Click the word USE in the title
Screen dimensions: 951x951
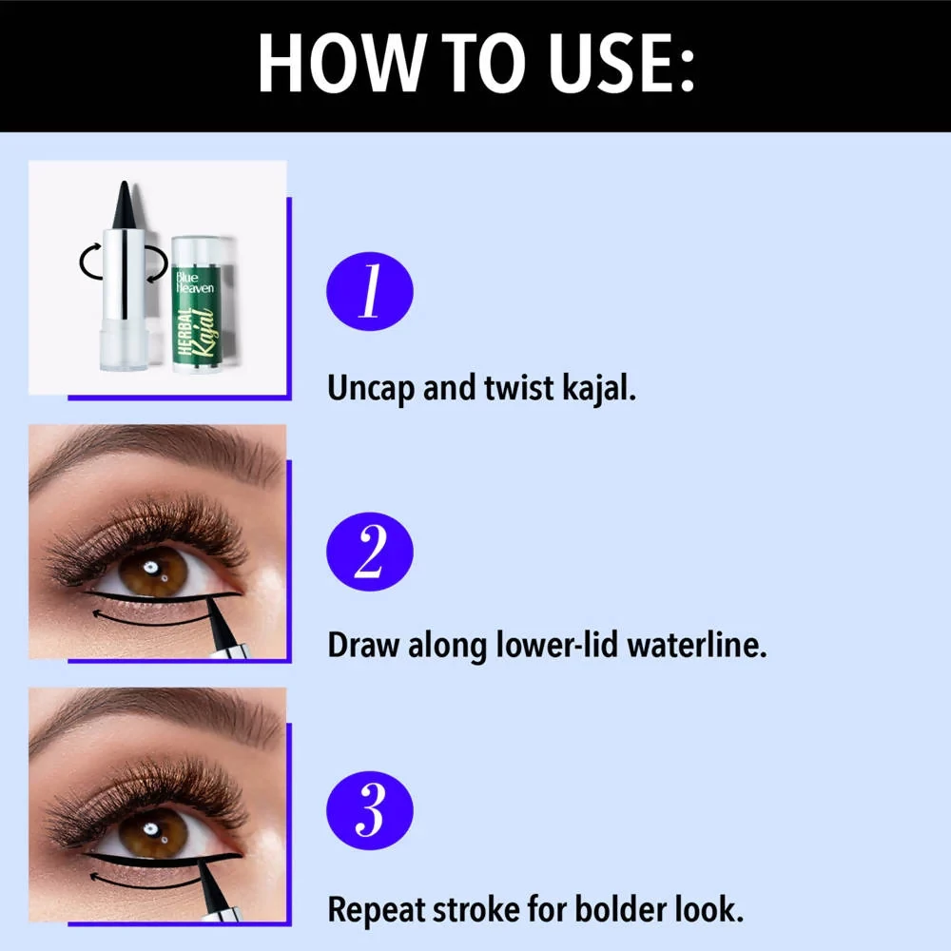pyautogui.click(x=622, y=63)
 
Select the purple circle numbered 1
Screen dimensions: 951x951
pyautogui.click(x=370, y=291)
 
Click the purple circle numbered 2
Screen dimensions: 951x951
pyautogui.click(x=370, y=552)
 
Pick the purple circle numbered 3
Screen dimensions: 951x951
pyautogui.click(x=370, y=810)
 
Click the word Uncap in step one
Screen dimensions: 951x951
pyautogui.click(x=371, y=389)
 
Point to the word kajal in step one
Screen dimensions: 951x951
pyautogui.click(x=599, y=389)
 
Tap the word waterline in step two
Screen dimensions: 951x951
pyautogui.click(x=697, y=645)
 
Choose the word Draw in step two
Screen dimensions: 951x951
pyautogui.click(x=363, y=645)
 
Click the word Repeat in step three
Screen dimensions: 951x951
pyautogui.click(x=376, y=910)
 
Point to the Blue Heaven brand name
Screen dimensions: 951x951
pyautogui.click(x=195, y=282)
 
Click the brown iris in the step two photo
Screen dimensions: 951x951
pyautogui.click(x=153, y=571)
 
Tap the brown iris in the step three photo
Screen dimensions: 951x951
pyautogui.click(x=153, y=833)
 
